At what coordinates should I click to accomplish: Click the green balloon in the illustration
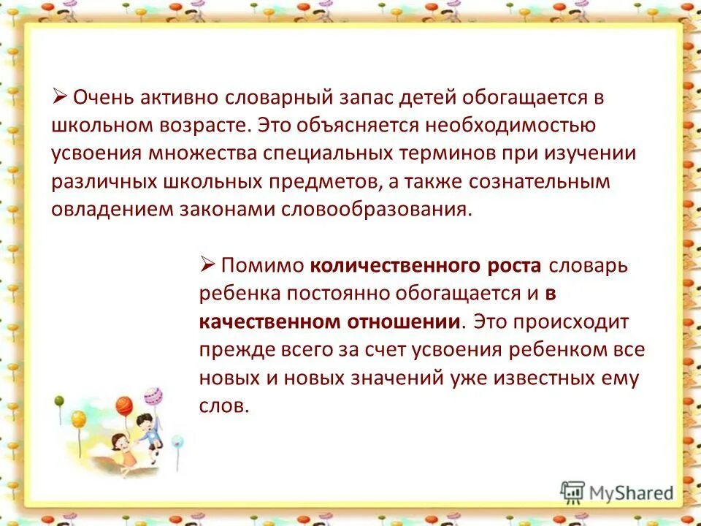point(59,400)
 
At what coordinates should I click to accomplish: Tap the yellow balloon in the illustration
point(79,419)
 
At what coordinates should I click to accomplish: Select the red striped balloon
point(124,404)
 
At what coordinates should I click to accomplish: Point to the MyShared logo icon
point(573,492)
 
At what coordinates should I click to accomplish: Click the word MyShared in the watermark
point(631,493)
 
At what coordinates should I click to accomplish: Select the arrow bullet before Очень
point(60,96)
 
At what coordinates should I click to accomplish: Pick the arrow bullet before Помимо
point(206,264)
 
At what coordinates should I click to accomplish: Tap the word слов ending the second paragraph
point(224,406)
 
